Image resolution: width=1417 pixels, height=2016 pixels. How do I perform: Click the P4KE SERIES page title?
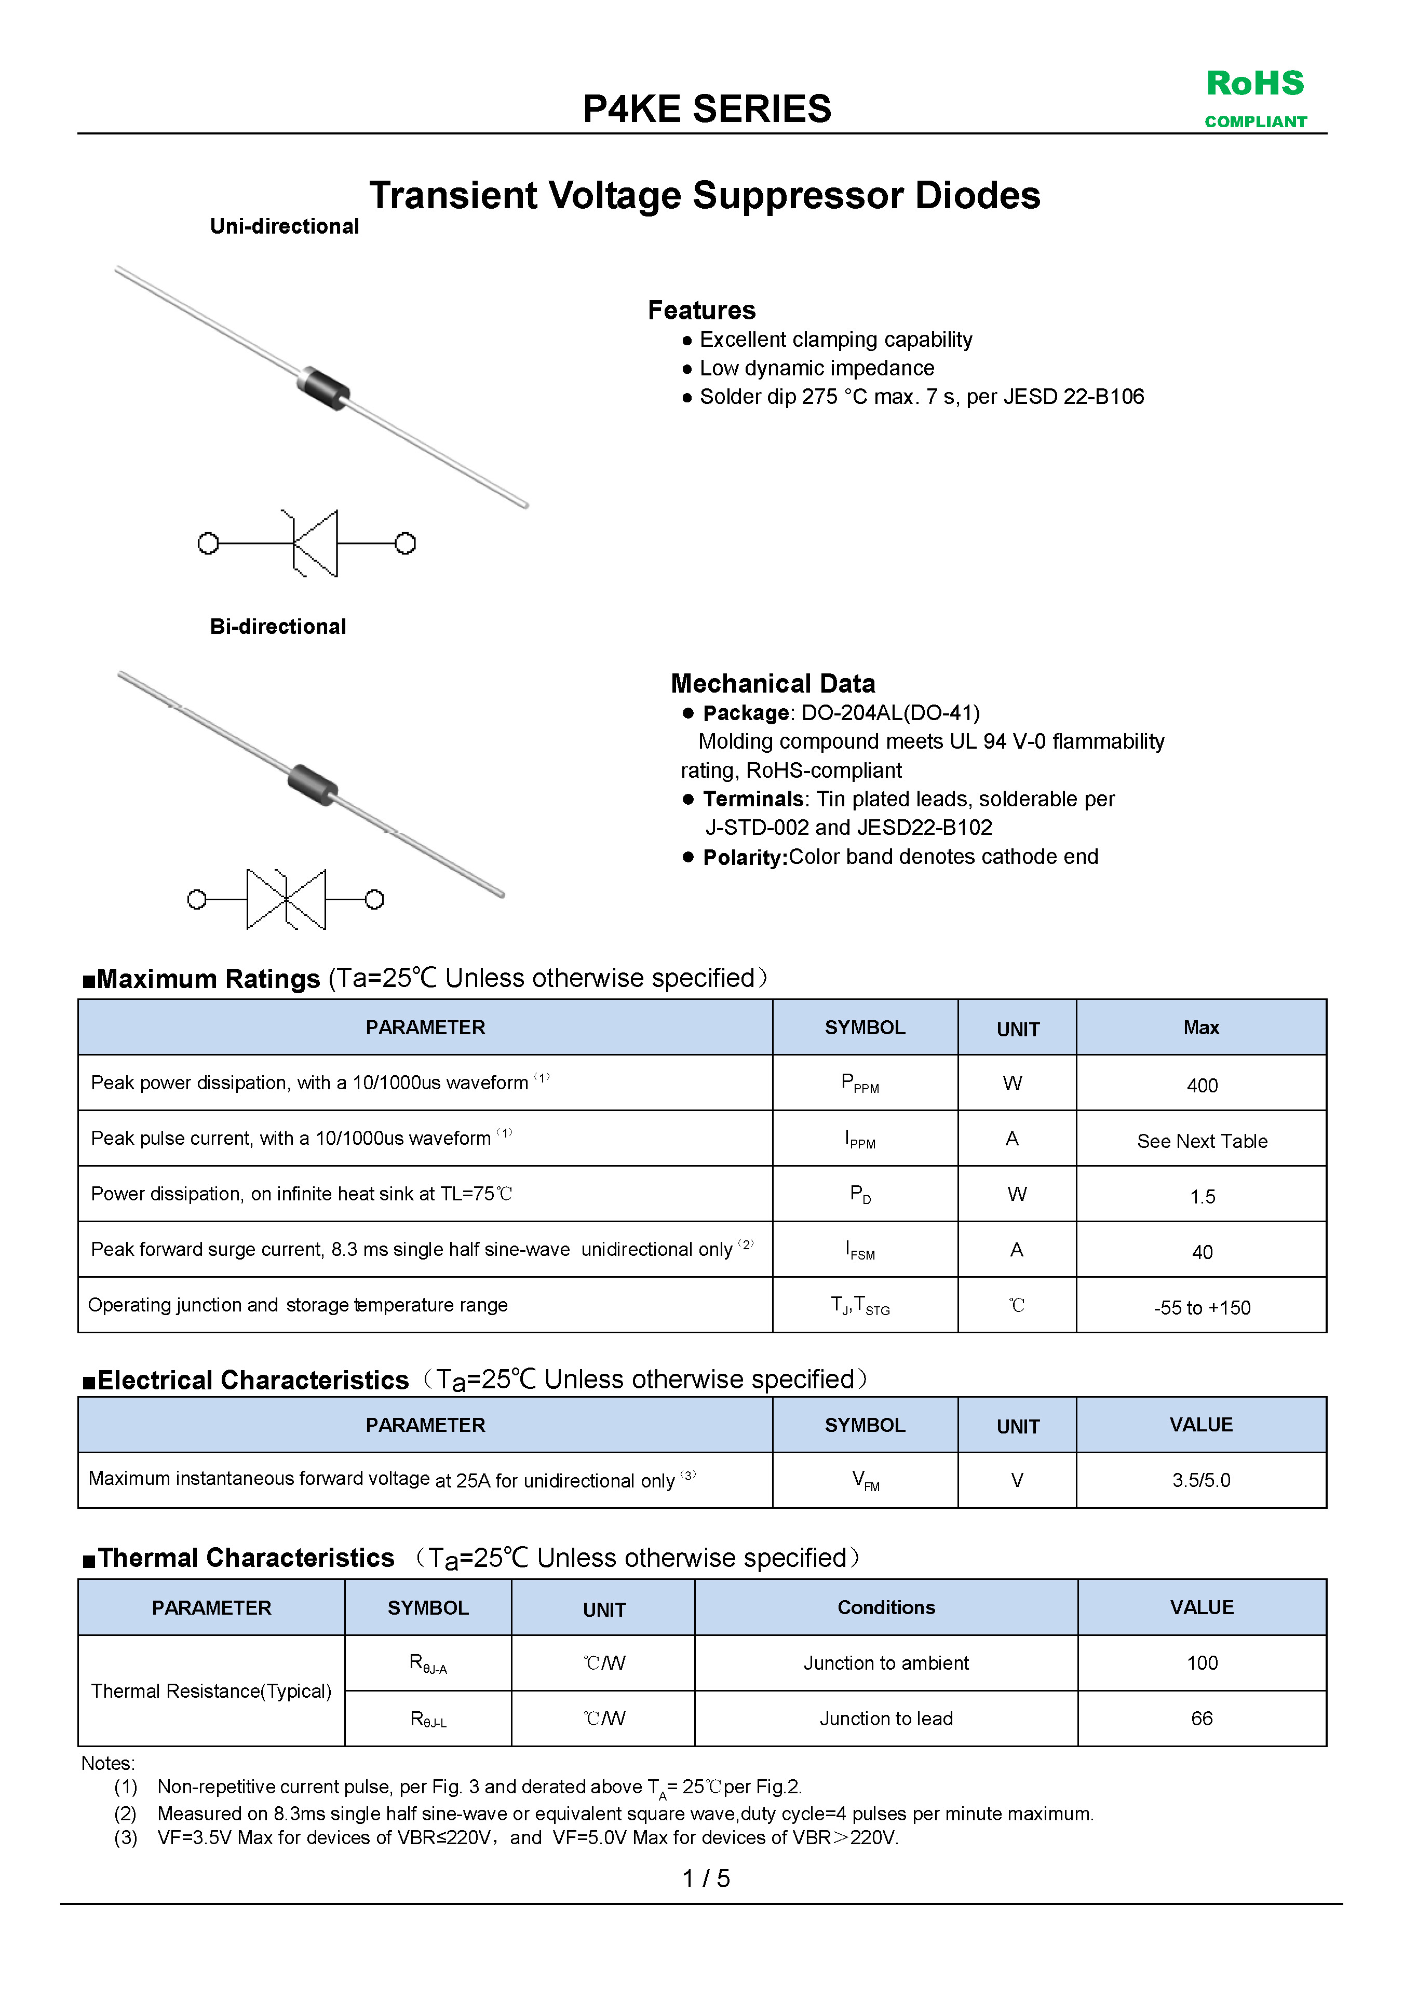pyautogui.click(x=707, y=109)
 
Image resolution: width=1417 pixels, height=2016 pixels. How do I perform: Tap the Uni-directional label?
pyautogui.click(x=285, y=226)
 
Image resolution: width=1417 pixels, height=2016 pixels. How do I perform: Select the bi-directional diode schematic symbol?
pyautogui.click(x=286, y=899)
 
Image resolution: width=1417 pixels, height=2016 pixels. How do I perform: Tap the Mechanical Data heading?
pyautogui.click(x=773, y=683)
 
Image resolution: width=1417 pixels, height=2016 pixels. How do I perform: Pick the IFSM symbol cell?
pyautogui.click(x=860, y=1250)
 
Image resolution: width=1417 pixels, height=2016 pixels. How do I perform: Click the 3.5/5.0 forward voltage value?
pyautogui.click(x=1201, y=1480)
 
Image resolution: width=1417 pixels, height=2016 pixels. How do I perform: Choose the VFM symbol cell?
pyautogui.click(x=865, y=1480)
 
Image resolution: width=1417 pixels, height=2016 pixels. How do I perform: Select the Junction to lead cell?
pyautogui.click(x=886, y=1719)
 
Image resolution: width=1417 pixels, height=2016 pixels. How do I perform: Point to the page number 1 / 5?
pyautogui.click(x=706, y=1878)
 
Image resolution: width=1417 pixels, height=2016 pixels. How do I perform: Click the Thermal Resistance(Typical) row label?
pyautogui.click(x=211, y=1690)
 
